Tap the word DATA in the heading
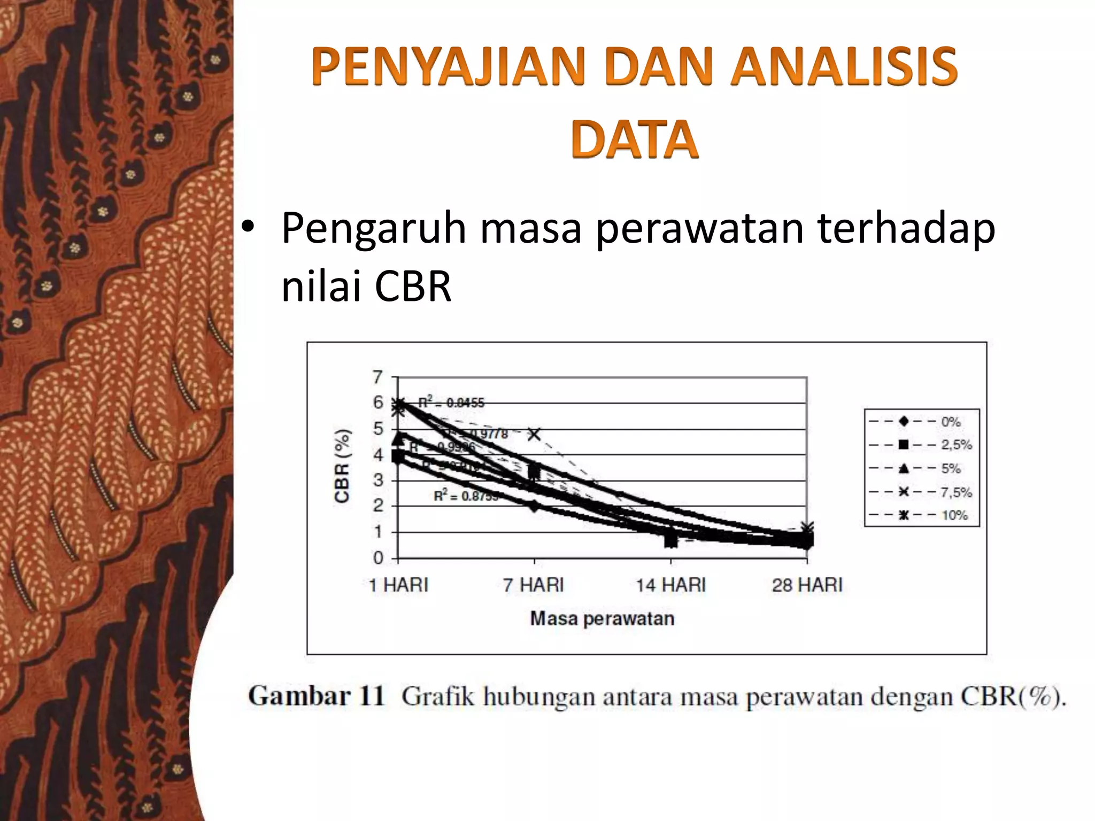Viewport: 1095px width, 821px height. coord(634,140)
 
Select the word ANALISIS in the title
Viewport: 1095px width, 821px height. coord(844,67)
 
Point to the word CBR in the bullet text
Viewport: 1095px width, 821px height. coord(413,286)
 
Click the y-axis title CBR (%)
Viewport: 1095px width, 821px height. coord(342,466)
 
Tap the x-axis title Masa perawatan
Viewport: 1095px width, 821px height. coord(602,618)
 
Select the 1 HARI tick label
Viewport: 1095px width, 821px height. coord(399,585)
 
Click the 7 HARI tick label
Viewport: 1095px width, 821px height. coord(534,585)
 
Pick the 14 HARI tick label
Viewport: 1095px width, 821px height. coord(671,585)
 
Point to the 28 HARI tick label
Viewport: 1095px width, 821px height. coord(807,585)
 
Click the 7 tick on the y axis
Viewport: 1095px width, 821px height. coord(378,377)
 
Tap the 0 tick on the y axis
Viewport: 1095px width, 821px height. coord(378,557)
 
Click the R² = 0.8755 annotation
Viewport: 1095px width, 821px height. coord(466,496)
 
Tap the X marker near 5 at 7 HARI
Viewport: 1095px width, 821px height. coord(534,434)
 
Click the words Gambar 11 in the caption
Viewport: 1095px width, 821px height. coord(317,696)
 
